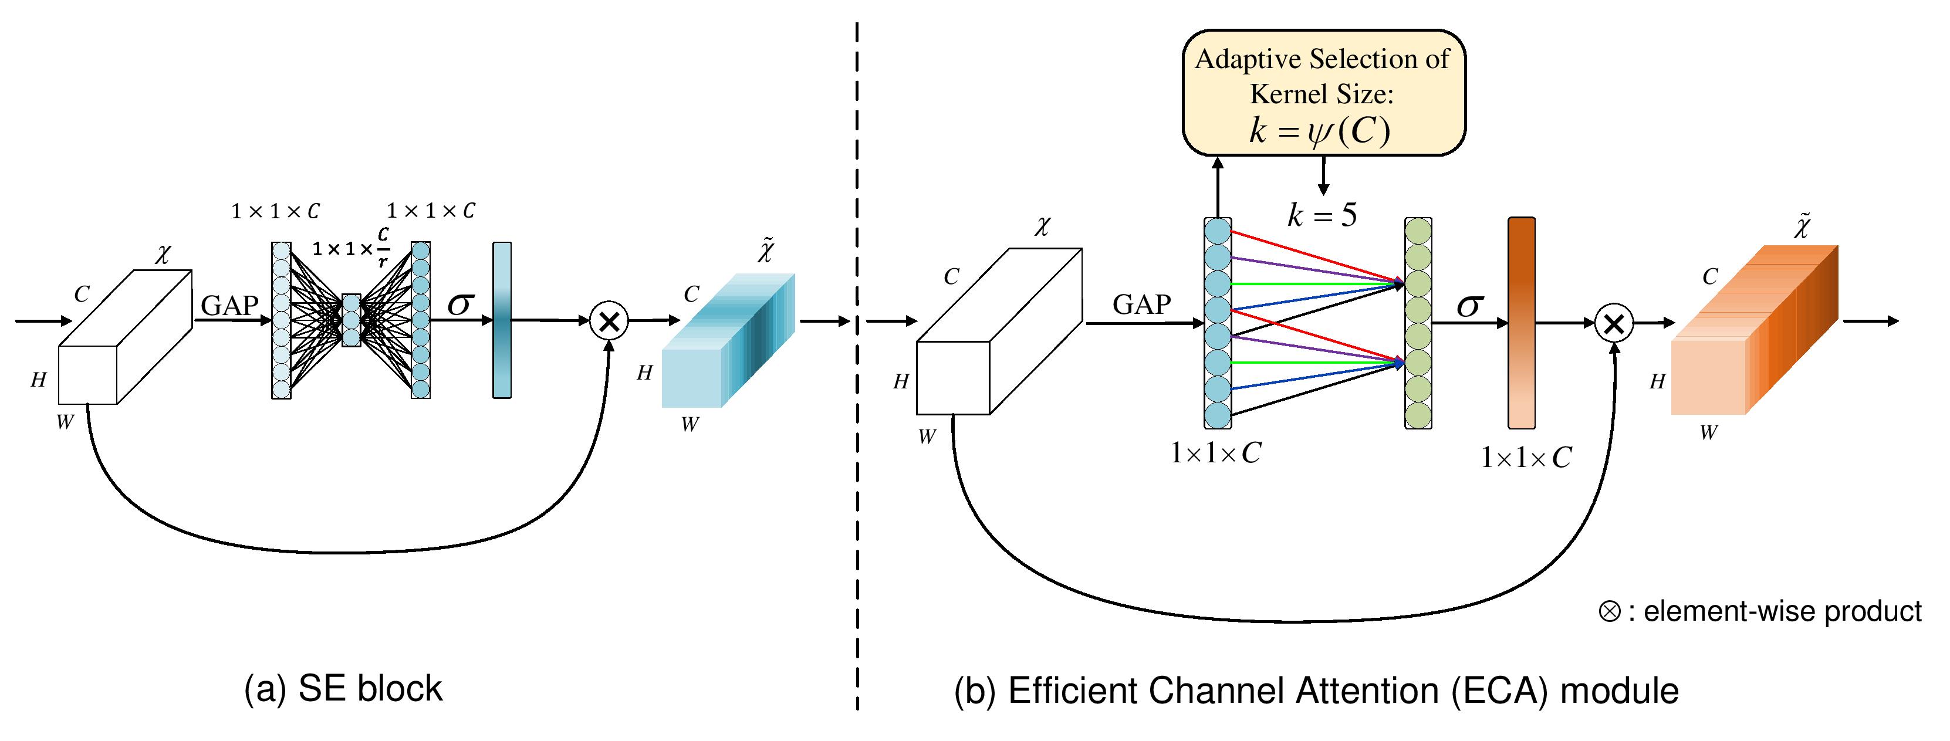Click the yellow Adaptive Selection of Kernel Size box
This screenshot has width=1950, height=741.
[x=1323, y=92]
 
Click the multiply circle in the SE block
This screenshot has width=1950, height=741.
[x=609, y=321]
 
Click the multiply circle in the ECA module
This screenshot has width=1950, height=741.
[x=1614, y=324]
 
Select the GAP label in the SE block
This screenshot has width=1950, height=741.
[x=229, y=305]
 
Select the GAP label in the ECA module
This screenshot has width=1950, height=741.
[x=1141, y=304]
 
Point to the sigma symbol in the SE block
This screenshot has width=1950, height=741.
[x=460, y=304]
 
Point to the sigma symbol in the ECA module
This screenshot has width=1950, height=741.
[x=1469, y=306]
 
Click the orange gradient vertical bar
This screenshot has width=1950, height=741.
[x=1522, y=323]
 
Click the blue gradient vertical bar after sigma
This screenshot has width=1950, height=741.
[x=502, y=320]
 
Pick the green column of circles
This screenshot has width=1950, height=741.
[x=1418, y=323]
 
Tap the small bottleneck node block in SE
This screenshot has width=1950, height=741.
[x=352, y=320]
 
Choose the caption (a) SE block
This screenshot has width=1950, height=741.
[x=343, y=689]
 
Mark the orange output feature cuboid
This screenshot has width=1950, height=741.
[x=1755, y=331]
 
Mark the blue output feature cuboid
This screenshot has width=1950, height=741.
[x=728, y=341]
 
